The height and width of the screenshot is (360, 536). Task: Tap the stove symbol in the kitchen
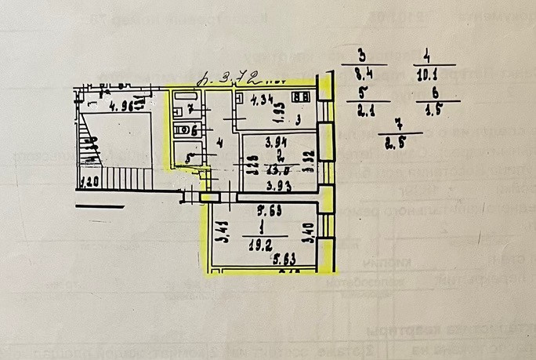[300, 96]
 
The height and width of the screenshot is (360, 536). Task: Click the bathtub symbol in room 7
[185, 96]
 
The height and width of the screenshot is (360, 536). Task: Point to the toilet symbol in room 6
[181, 130]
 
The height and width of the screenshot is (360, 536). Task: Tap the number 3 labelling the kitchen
[298, 120]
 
